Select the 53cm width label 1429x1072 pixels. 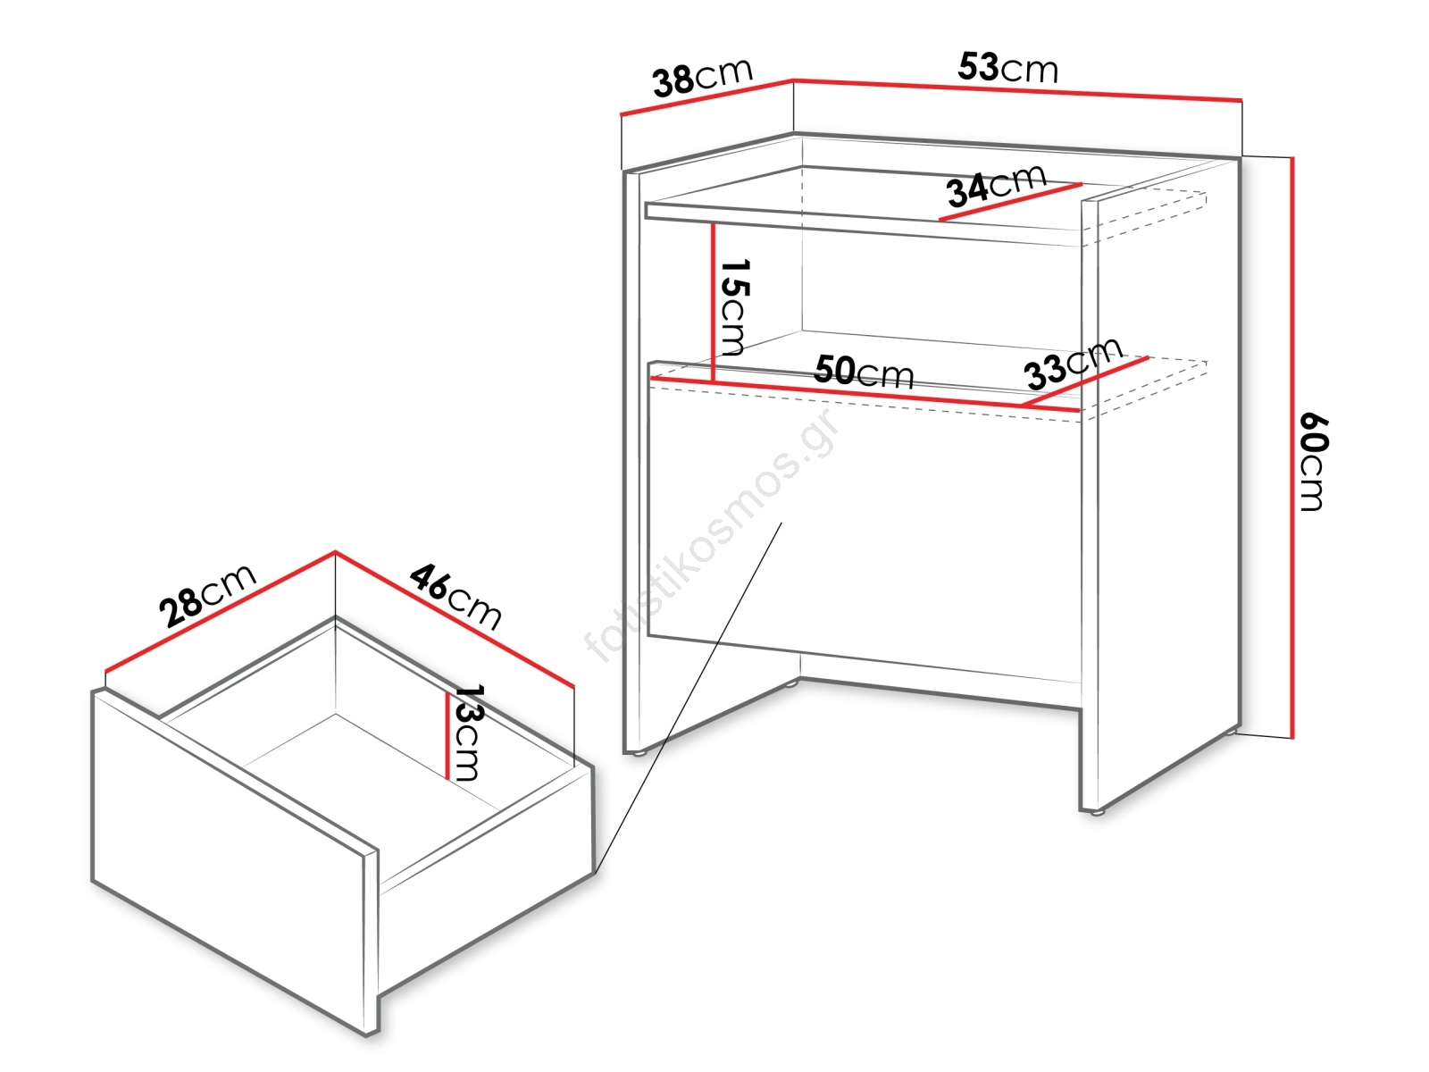point(1007,68)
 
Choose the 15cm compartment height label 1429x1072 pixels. point(734,307)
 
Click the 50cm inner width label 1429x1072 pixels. point(864,372)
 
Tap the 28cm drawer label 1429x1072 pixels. point(208,596)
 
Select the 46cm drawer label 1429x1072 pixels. point(456,597)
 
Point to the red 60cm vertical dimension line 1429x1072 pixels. point(1292,448)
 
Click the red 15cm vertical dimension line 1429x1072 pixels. point(714,303)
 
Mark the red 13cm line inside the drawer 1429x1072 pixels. point(447,735)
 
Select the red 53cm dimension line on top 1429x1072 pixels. point(1017,90)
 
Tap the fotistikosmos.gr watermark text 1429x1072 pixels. point(711,536)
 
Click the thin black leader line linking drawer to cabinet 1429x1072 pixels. point(688,697)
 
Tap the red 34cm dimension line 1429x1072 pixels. point(1010,202)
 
